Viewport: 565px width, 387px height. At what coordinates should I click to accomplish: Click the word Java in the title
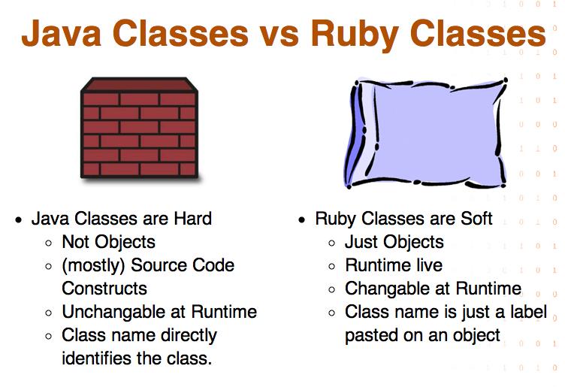pos(62,33)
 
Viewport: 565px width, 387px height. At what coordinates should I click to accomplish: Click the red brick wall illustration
pos(139,128)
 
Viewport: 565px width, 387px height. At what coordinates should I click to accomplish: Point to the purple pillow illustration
pos(427,132)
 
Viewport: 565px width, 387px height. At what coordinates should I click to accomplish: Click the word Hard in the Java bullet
pos(193,219)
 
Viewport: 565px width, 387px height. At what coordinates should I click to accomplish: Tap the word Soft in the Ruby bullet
pos(476,219)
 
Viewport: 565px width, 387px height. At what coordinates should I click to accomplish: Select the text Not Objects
pos(108,242)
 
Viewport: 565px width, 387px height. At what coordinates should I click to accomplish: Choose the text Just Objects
pos(394,242)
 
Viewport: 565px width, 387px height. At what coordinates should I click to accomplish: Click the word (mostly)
pos(93,265)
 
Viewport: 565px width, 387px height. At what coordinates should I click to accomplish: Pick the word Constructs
pos(104,289)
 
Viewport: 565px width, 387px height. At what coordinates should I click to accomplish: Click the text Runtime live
pos(394,265)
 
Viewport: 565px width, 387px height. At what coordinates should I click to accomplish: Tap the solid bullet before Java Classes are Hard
pos(19,220)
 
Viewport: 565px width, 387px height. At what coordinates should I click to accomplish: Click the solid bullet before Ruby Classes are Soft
pos(302,220)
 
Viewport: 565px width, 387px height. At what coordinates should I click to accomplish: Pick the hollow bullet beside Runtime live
pos(332,267)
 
